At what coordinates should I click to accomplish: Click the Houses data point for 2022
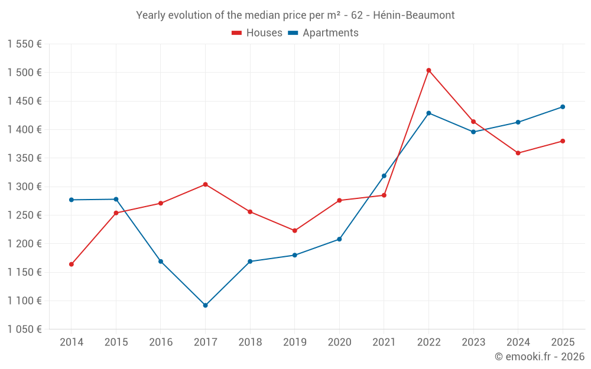coord(428,70)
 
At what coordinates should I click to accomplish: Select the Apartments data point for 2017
coord(205,305)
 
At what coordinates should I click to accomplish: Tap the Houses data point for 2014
coord(72,264)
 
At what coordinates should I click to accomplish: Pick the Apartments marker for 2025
coord(563,107)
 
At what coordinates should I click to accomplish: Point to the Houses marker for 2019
coord(294,231)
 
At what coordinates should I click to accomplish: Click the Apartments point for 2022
coord(428,113)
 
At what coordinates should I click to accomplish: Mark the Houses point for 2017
coord(205,184)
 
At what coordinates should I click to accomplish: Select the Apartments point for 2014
coord(72,200)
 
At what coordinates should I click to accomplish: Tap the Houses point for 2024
coord(518,153)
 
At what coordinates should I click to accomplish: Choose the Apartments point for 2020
coord(339,239)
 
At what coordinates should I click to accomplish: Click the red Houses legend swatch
coord(237,33)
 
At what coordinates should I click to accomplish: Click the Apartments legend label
coord(330,33)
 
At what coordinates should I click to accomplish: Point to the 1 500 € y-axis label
coord(24,73)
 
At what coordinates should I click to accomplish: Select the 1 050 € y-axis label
coord(24,329)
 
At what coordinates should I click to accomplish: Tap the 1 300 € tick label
coord(24,187)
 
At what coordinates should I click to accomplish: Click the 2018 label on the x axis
coord(250,342)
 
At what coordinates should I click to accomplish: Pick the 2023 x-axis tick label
coord(473,342)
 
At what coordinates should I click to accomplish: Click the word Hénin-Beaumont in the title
coord(414,15)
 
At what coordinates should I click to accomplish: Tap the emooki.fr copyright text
coord(539,357)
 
